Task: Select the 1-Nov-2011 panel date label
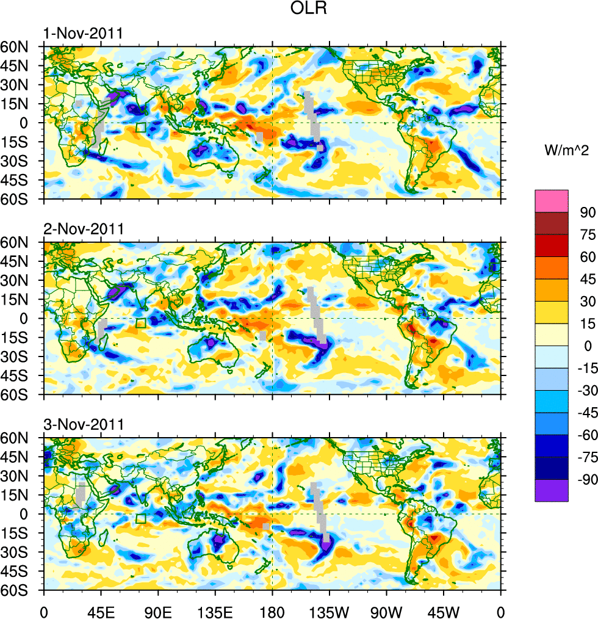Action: (83, 34)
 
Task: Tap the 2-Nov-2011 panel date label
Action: (83, 230)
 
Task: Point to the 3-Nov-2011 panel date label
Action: (83, 424)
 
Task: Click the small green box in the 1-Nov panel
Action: (141, 128)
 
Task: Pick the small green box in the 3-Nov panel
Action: (141, 519)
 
